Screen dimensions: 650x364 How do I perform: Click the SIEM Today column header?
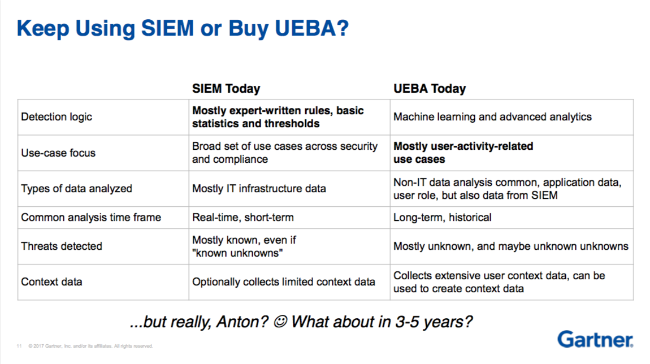[x=226, y=88]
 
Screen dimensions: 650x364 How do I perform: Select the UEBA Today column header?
[x=430, y=88]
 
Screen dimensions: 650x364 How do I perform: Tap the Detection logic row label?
[x=57, y=117]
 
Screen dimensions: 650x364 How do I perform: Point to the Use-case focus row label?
[x=58, y=153]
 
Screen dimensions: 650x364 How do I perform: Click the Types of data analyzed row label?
[x=76, y=189]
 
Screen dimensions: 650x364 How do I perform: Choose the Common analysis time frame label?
[x=91, y=217]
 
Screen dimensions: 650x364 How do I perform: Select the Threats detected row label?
[x=62, y=246]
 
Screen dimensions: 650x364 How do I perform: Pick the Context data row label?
[x=51, y=282]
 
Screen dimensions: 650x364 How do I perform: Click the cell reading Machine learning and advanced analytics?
[x=492, y=117]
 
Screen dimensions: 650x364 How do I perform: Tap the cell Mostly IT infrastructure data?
[x=259, y=189]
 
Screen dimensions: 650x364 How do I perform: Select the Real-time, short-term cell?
[x=242, y=217]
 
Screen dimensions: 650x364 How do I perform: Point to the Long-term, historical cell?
[x=442, y=217]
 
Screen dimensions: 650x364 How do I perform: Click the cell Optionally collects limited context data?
[x=284, y=282]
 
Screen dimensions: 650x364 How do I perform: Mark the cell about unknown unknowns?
[x=511, y=246]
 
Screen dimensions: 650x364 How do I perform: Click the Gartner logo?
[x=595, y=339]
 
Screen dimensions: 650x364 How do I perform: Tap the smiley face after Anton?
[x=281, y=321]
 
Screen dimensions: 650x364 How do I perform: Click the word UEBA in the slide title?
[x=304, y=28]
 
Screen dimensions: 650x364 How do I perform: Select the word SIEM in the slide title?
[x=167, y=28]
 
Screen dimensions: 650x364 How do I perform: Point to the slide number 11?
[x=19, y=346]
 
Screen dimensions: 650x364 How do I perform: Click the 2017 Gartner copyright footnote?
[x=91, y=346]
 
